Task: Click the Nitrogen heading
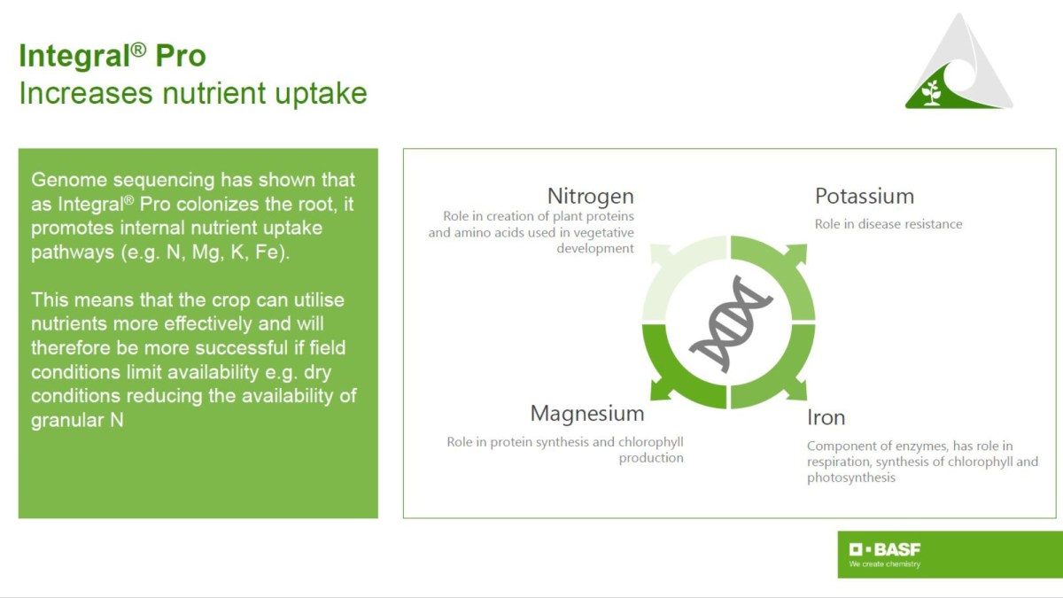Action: point(590,197)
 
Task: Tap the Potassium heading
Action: point(865,196)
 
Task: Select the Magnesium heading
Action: point(587,414)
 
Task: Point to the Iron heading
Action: point(826,417)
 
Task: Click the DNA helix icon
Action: point(729,322)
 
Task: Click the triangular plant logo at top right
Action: point(958,62)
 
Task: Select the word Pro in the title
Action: point(181,56)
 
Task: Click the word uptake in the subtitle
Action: point(321,94)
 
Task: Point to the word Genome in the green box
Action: point(69,181)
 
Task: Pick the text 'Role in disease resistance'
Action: point(888,224)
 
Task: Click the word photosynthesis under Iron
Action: point(851,478)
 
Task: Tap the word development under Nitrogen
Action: point(595,248)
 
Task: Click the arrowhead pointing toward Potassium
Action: point(796,254)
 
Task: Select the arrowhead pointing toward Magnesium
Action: point(661,390)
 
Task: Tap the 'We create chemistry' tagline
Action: point(885,564)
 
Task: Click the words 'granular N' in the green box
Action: point(77,421)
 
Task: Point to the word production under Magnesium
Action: point(651,458)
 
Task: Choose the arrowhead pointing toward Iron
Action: point(796,390)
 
